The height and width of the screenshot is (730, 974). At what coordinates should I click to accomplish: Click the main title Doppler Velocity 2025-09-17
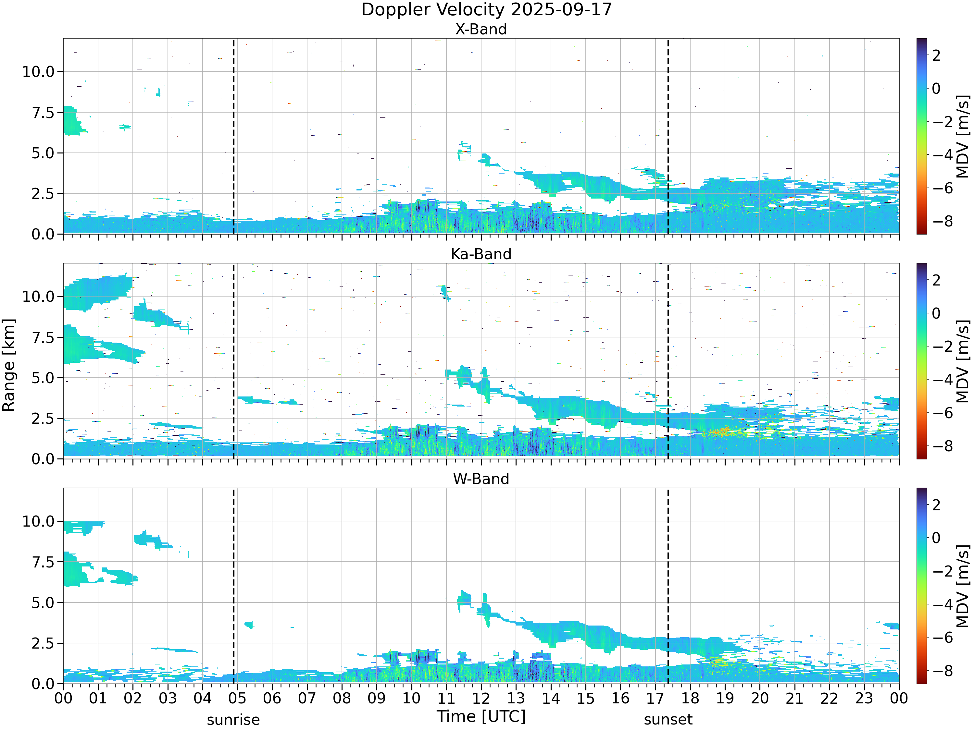point(487,10)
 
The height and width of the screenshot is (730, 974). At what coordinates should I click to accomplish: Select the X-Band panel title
point(481,29)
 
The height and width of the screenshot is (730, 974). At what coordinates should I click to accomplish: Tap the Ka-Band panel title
point(481,254)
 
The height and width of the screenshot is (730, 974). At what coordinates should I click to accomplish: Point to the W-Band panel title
point(481,479)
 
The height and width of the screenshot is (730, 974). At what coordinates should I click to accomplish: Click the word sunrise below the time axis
point(233,720)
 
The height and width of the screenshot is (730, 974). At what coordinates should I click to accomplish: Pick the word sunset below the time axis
point(668,720)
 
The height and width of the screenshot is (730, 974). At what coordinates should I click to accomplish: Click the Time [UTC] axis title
point(481,716)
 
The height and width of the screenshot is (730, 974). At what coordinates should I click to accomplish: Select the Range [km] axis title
point(9,365)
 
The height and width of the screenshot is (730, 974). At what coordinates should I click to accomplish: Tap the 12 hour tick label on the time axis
point(481,698)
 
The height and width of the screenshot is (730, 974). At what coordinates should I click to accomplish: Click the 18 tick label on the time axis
point(690,698)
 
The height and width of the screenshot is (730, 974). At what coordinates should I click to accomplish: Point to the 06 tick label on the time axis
point(272,698)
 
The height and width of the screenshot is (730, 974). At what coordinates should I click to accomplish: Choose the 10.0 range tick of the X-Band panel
point(38,72)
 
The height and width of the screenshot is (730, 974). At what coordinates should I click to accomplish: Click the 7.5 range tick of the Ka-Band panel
point(43,337)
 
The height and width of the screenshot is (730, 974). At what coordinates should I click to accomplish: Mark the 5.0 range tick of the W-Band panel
point(43,603)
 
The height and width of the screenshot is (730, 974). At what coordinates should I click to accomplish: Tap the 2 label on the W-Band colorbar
point(936,505)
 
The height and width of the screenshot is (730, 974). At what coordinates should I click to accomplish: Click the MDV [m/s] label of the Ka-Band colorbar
point(963,361)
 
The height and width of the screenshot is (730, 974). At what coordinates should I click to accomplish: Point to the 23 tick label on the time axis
point(864,698)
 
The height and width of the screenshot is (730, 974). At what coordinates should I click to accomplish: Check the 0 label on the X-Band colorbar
point(936,89)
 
